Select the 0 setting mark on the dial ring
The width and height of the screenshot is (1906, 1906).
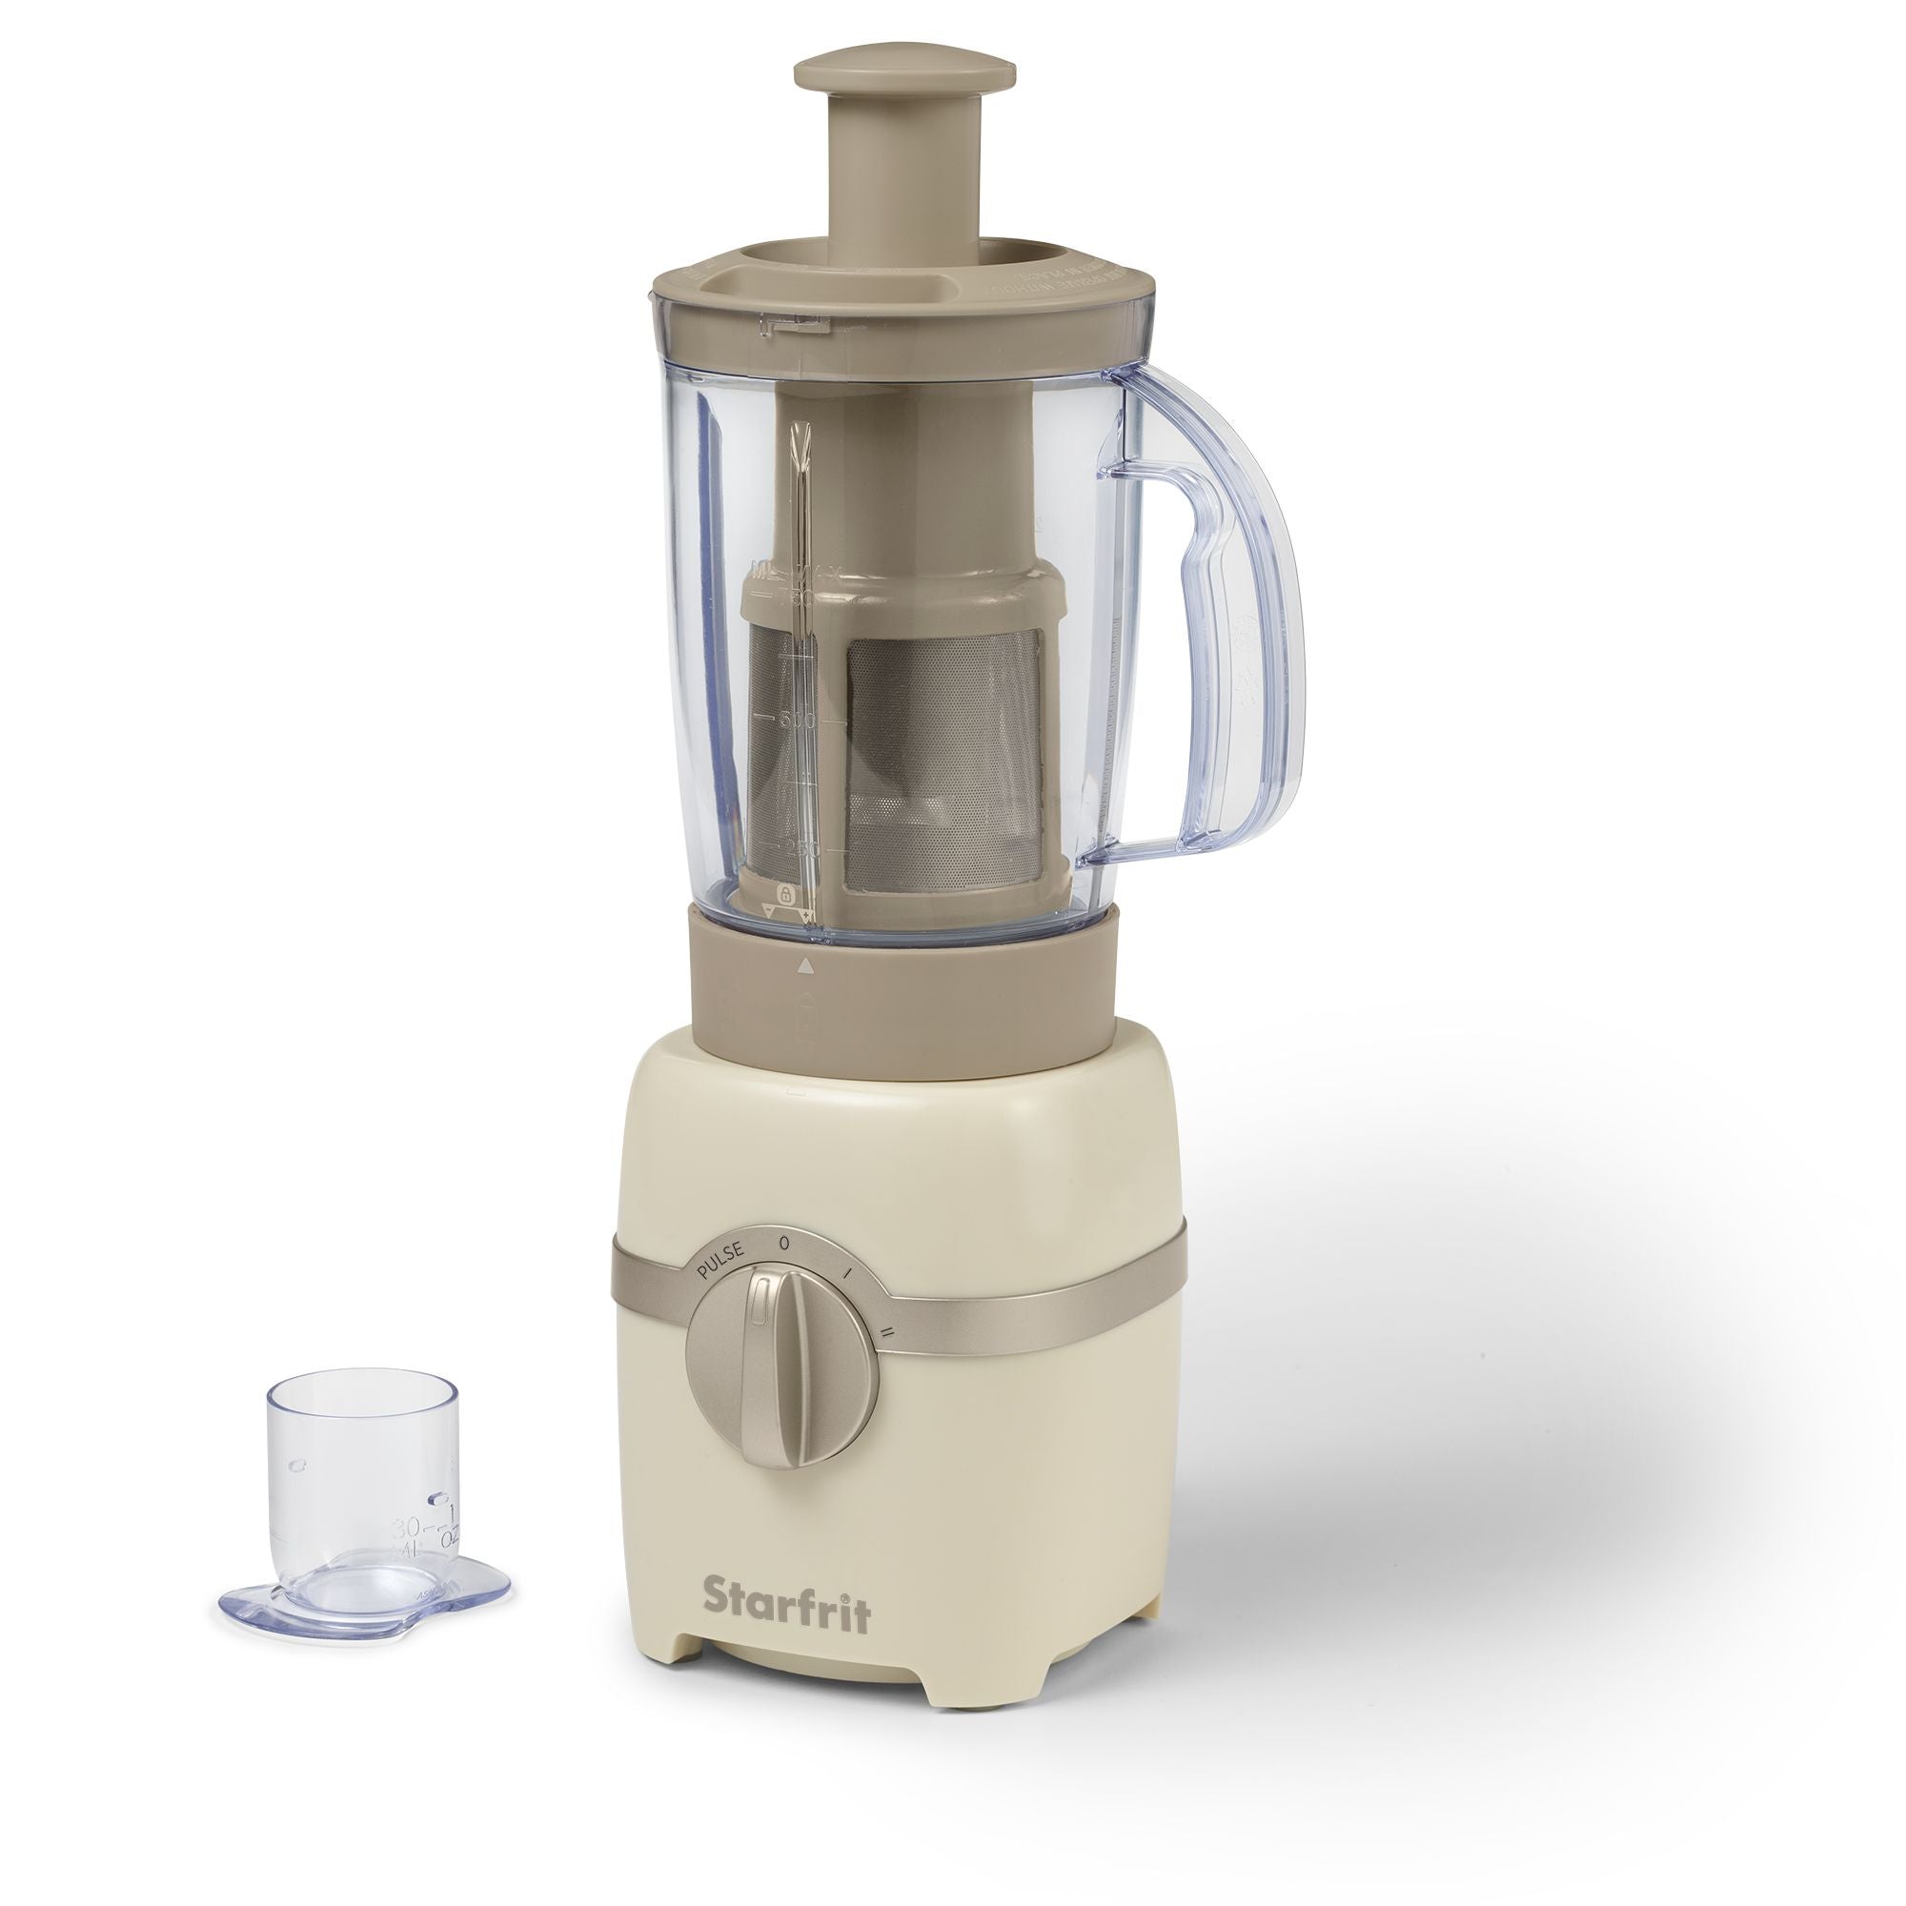[x=784, y=1243]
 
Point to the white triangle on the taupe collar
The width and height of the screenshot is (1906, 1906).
[x=806, y=965]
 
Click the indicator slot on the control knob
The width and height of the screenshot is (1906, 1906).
[x=758, y=1311]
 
